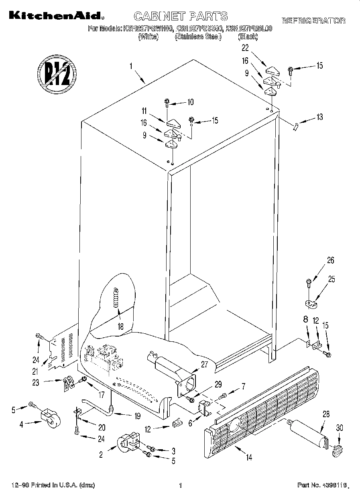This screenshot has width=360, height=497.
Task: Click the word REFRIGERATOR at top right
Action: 313,20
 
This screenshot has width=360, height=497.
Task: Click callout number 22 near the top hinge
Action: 245,48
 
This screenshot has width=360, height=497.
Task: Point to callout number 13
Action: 319,117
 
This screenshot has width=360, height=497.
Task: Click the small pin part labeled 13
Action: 296,126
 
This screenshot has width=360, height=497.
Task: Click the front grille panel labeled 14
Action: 265,405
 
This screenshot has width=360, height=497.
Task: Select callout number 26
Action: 330,260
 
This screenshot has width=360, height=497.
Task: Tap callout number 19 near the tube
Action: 138,416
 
